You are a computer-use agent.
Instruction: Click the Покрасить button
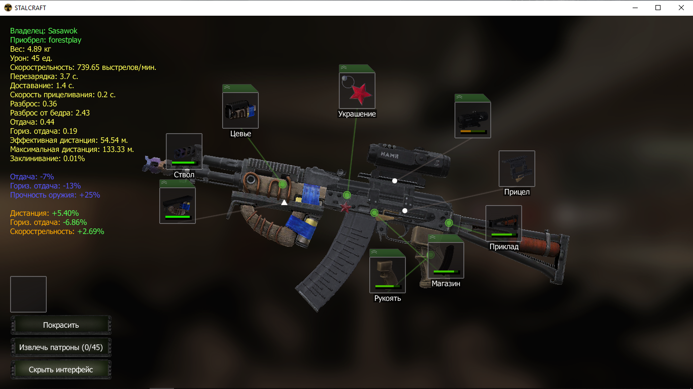61,325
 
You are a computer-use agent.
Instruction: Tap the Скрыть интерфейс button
61,370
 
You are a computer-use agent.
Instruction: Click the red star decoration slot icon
357,91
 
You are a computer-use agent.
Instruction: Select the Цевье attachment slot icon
240,110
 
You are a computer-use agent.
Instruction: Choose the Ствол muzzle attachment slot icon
184,151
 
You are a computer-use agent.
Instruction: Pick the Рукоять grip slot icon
388,275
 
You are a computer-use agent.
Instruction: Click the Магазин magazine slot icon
446,260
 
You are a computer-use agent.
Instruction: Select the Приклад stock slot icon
504,223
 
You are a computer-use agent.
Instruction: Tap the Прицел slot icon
517,169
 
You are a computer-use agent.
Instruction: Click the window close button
681,8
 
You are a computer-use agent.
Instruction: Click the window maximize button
658,8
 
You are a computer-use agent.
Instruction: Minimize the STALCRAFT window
635,8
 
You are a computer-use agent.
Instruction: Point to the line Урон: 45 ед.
31,58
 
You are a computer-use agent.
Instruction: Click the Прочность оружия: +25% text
55,195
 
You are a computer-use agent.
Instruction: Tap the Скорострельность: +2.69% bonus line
57,231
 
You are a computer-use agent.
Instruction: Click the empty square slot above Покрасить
28,294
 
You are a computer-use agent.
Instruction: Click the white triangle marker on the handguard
284,203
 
